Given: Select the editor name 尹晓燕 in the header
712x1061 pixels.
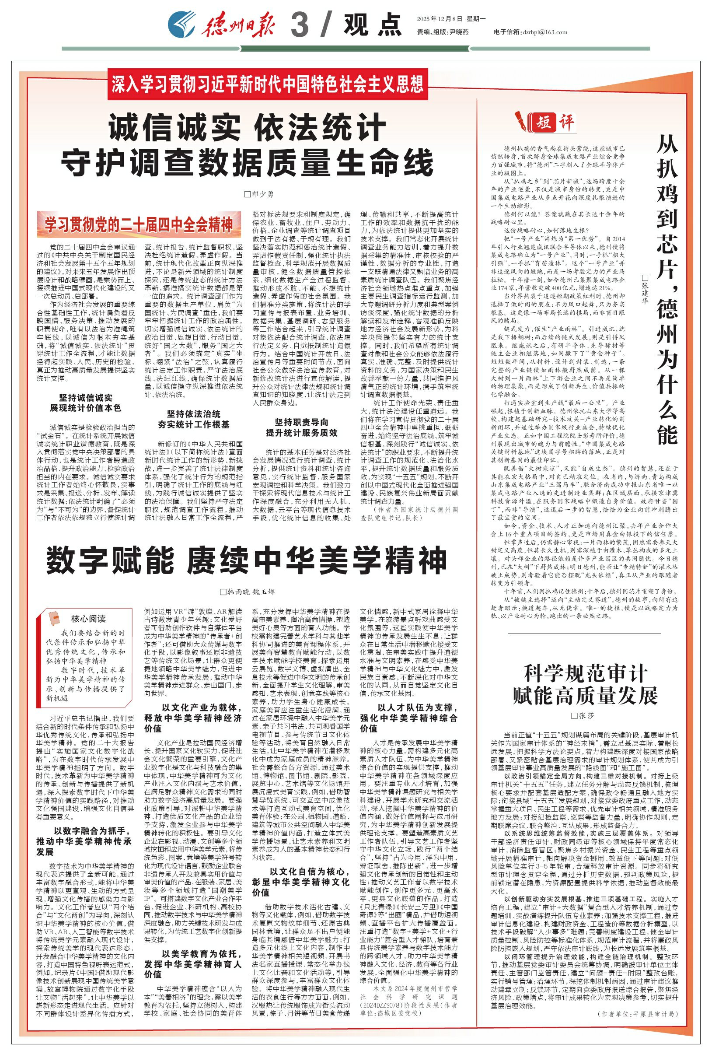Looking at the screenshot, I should pyautogui.click(x=459, y=32).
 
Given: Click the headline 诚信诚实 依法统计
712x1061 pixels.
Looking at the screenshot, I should pyautogui.click(x=247, y=129).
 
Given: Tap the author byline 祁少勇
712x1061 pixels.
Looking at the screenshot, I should pyautogui.click(x=259, y=194).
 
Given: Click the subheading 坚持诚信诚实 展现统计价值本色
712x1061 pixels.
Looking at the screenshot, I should pyautogui.click(x=85, y=403).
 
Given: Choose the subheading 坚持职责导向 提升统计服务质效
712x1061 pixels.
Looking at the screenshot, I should pyautogui.click(x=301, y=427).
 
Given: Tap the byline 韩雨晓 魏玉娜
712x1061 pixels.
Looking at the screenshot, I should pyautogui.click(x=248, y=592).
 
